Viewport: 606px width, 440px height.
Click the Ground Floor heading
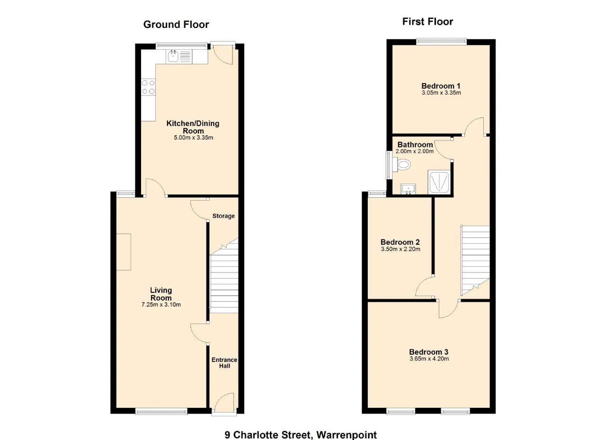(x=176, y=25)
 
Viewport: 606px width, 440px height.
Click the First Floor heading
(x=428, y=22)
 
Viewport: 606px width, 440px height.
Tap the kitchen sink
(x=173, y=57)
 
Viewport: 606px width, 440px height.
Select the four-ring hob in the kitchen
(x=149, y=87)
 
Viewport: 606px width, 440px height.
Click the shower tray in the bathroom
(x=439, y=182)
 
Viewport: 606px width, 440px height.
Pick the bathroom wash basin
(x=408, y=189)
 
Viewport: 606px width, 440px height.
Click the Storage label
(x=223, y=216)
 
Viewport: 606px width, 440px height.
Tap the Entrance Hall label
(x=224, y=363)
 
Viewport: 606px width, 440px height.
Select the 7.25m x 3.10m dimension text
(x=161, y=305)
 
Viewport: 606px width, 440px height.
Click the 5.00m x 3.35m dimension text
(x=193, y=138)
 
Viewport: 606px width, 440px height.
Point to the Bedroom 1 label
(x=441, y=86)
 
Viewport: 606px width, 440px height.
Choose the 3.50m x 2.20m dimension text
(x=401, y=249)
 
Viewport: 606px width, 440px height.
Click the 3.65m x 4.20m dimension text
(x=429, y=359)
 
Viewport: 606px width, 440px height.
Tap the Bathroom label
(x=415, y=145)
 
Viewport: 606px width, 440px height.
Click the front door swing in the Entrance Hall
(x=224, y=403)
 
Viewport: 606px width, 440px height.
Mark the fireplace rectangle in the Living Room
(x=124, y=252)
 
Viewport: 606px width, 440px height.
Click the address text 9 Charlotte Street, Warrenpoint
(x=301, y=435)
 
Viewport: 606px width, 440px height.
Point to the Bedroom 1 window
(x=441, y=41)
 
